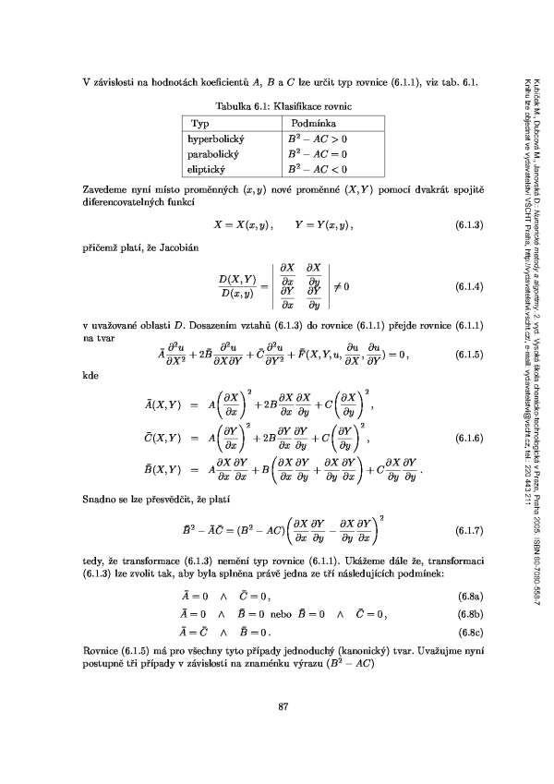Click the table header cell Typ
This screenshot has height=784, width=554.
coord(201,123)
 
